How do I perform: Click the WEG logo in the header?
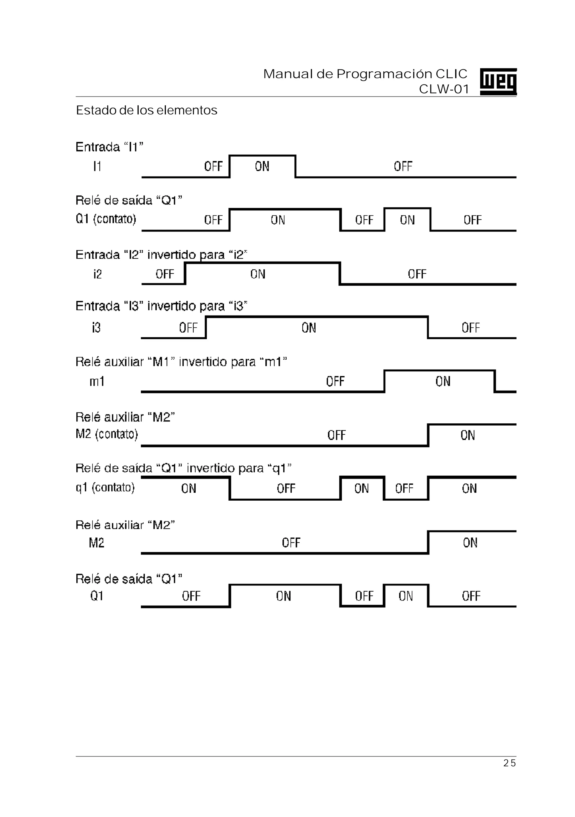click(498, 81)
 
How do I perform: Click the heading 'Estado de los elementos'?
click(147, 110)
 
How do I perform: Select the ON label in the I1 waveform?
click(262, 166)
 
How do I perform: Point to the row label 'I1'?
click(97, 166)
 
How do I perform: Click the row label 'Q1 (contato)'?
click(106, 219)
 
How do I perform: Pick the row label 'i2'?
click(97, 274)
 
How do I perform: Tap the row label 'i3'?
click(96, 327)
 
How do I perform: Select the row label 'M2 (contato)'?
click(107, 434)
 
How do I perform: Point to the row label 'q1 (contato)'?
click(105, 487)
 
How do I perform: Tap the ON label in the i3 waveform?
click(309, 328)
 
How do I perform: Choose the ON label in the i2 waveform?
click(258, 274)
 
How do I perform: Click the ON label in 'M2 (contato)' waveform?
click(468, 435)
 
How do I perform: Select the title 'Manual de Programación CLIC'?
click(365, 74)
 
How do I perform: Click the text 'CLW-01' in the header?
click(444, 89)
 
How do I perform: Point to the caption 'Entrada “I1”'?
click(109, 147)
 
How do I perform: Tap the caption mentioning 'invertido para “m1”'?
click(181, 362)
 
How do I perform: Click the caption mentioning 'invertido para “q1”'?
click(184, 468)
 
